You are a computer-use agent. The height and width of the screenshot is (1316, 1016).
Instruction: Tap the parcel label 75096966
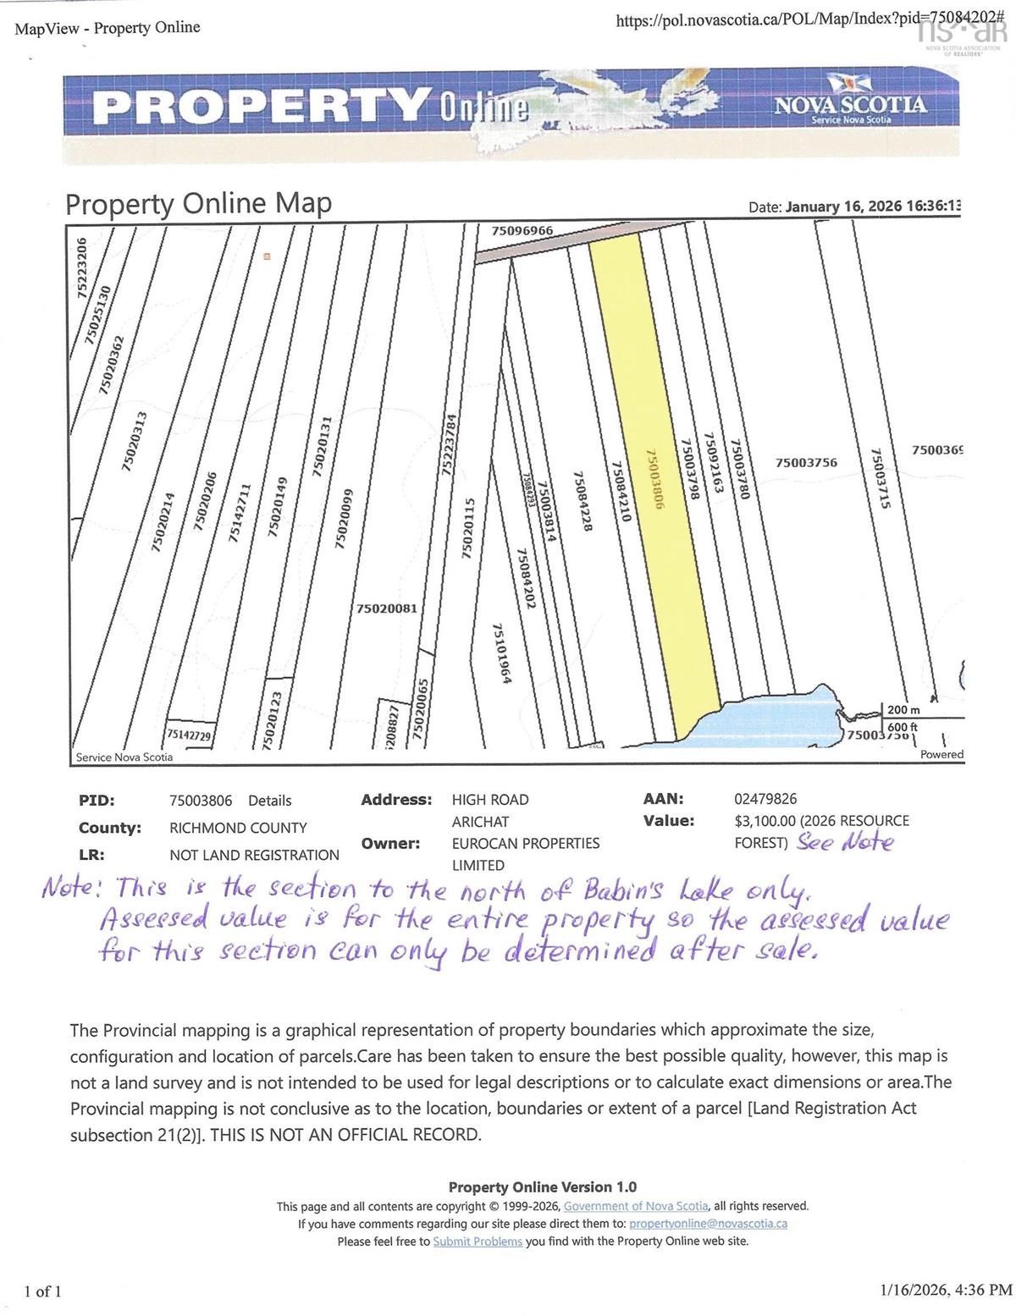(522, 230)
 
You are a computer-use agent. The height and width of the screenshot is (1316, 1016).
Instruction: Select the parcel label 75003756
(806, 462)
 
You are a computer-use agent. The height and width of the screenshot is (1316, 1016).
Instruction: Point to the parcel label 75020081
(386, 608)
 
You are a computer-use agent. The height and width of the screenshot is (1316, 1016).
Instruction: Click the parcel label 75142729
(189, 735)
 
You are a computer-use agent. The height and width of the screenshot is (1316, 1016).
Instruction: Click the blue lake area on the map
(787, 715)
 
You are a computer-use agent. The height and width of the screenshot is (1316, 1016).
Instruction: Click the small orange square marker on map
(266, 256)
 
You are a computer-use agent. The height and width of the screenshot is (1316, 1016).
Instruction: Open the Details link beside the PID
(269, 801)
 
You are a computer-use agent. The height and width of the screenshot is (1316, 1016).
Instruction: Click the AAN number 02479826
(765, 799)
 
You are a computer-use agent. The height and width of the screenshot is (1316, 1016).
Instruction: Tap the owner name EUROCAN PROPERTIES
(525, 844)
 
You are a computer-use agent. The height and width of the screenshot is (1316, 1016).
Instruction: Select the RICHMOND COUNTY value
(238, 828)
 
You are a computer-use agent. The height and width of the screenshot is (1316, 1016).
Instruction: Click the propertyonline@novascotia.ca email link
(709, 1224)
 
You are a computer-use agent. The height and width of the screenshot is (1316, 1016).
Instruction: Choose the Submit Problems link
(478, 1242)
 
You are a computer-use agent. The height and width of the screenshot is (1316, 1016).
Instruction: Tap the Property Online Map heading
(199, 204)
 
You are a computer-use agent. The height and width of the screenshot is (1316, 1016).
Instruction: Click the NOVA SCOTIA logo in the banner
(849, 106)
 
